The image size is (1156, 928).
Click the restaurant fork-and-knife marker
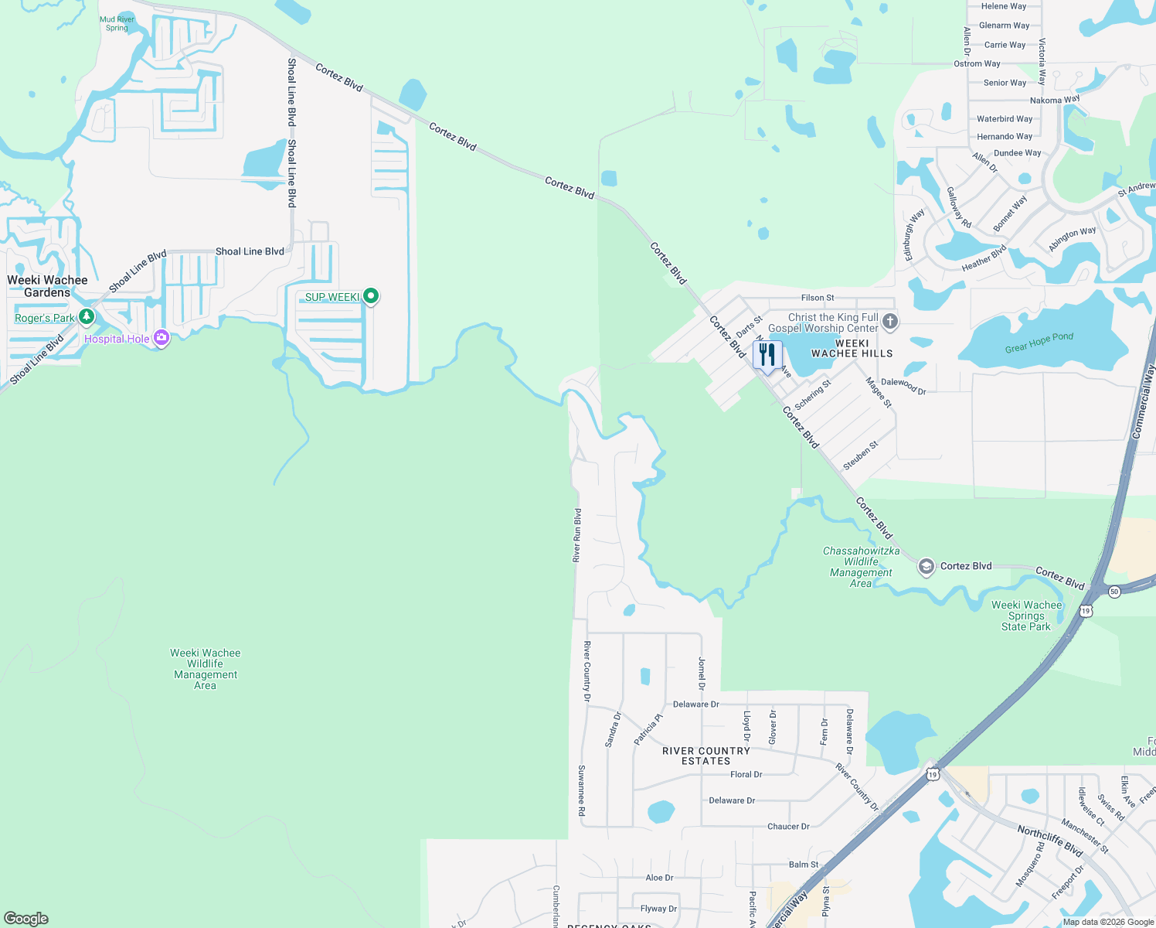tap(767, 356)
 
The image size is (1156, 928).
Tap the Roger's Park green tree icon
tap(87, 316)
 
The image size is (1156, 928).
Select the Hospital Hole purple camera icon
tap(161, 337)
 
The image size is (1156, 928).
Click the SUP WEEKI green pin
tap(371, 295)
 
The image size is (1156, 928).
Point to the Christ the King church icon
tap(890, 321)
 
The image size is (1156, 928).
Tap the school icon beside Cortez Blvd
tap(926, 567)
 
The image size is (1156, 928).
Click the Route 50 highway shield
tap(1113, 592)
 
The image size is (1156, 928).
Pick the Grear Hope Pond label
tap(1039, 343)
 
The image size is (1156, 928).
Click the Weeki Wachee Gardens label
tap(47, 286)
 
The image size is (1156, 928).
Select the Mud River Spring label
tap(117, 24)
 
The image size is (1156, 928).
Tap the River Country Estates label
tap(706, 756)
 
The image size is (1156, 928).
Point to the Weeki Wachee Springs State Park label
tap(1026, 616)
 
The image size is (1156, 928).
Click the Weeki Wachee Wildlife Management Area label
tap(206, 669)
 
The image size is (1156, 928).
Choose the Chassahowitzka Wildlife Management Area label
tap(861, 567)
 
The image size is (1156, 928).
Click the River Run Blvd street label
tap(576, 535)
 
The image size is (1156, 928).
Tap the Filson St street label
tap(818, 298)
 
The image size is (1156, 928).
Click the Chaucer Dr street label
tap(788, 827)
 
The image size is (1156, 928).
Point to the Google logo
tap(26, 919)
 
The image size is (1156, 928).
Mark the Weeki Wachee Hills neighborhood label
tap(852, 349)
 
